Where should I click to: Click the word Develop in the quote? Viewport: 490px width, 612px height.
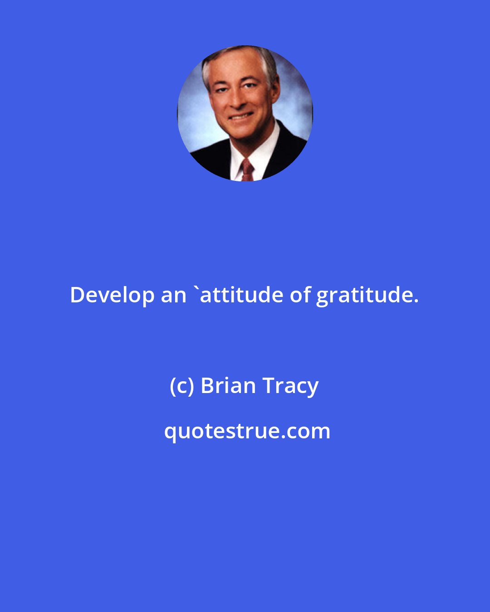click(x=112, y=296)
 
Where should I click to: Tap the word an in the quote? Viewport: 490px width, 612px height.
click(x=174, y=296)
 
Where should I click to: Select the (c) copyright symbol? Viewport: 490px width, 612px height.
click(x=181, y=386)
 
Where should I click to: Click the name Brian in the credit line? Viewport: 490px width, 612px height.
click(x=228, y=386)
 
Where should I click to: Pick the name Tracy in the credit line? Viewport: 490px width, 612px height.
click(x=290, y=387)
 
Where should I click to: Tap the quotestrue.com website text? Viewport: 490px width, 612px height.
click(x=247, y=431)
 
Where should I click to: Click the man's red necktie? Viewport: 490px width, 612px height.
click(x=247, y=170)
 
